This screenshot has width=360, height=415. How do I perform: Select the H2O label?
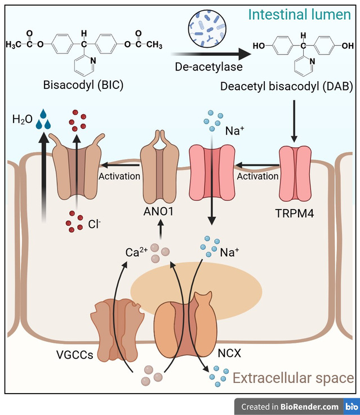(23, 120)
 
